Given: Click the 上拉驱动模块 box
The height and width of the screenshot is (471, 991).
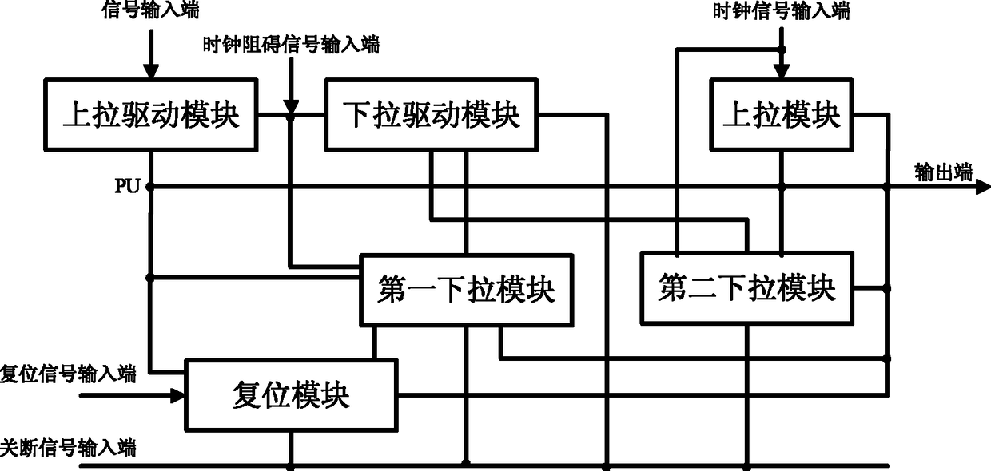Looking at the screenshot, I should [x=151, y=115].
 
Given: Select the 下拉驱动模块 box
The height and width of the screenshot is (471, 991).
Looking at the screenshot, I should [x=431, y=115].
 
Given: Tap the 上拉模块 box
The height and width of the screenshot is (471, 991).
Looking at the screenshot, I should [x=781, y=115].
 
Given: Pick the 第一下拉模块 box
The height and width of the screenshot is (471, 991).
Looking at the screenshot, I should [x=466, y=290].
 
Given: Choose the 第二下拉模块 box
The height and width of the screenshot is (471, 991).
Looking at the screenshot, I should [x=746, y=287].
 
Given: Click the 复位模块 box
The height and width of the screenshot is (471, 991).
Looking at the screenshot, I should [x=291, y=395].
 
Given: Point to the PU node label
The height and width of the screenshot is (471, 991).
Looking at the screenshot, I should [x=127, y=187].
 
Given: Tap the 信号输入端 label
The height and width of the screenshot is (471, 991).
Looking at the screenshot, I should [x=151, y=11].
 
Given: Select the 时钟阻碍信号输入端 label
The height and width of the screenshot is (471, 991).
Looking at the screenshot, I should [x=291, y=46].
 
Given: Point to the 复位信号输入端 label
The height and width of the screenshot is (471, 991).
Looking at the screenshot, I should [x=68, y=373].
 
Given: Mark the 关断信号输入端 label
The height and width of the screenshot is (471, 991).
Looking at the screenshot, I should [x=68, y=448].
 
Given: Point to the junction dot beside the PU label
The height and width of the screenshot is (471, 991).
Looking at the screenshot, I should [x=150, y=187].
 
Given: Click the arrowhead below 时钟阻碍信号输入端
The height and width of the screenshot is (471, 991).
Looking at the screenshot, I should [x=291, y=105].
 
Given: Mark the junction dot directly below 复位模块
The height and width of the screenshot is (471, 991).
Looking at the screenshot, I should [x=291, y=463].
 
